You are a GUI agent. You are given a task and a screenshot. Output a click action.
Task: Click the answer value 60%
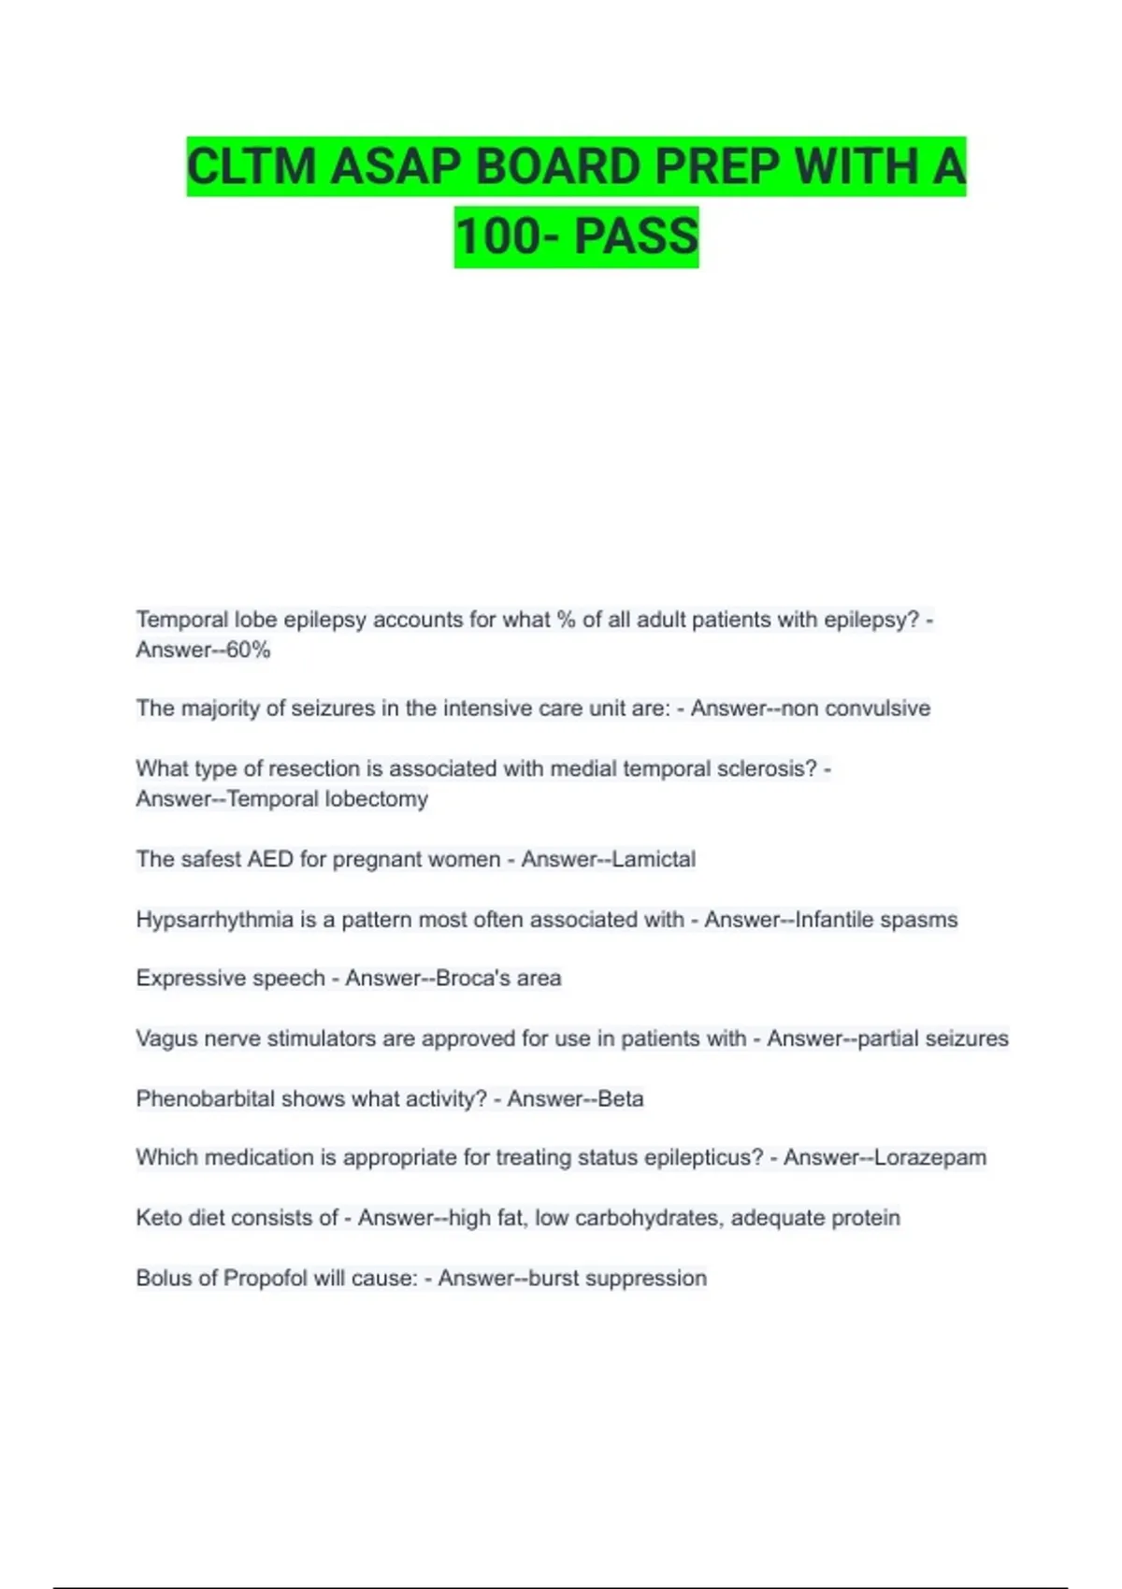coord(249,650)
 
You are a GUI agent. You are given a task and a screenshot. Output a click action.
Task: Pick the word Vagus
coord(165,1038)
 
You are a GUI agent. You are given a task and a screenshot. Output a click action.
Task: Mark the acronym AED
coord(270,859)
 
